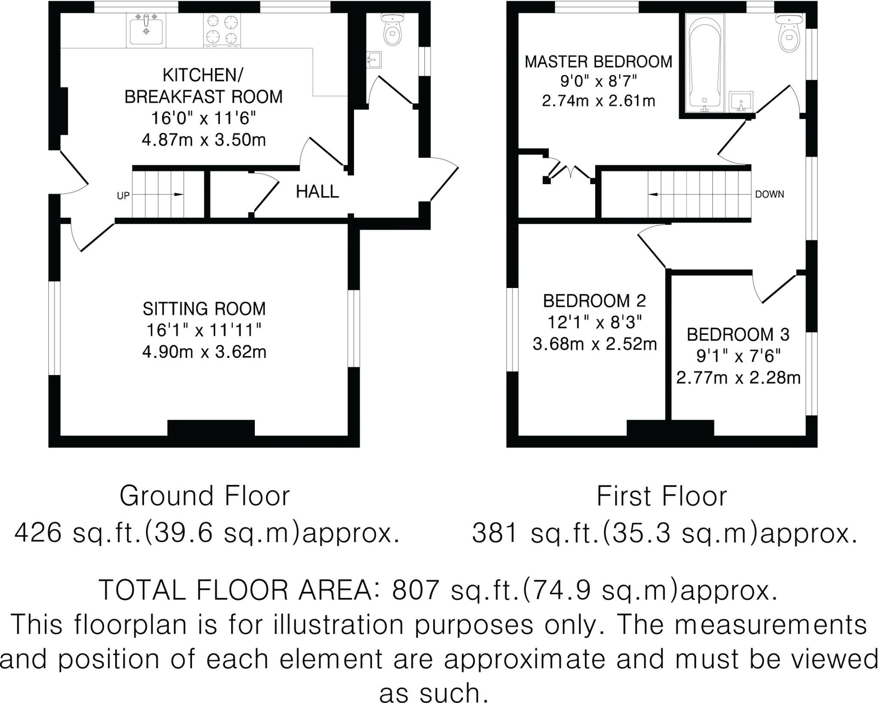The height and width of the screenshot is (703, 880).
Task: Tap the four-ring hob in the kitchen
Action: coord(222,30)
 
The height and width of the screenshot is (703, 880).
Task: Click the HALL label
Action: coord(317,191)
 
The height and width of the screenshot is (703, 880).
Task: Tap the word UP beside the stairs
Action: coord(123,196)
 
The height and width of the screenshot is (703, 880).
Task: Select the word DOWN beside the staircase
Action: coord(769,194)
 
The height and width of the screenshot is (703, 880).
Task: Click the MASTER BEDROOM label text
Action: coord(598,62)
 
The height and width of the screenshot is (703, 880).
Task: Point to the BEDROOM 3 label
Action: coord(738,335)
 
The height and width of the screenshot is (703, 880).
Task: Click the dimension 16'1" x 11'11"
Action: coord(204,330)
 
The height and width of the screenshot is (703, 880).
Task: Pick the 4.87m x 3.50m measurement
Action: coord(204,140)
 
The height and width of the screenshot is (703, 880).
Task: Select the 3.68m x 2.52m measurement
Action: coord(595,344)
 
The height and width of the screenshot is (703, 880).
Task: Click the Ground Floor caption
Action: coord(205,496)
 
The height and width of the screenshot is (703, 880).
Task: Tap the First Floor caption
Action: coord(661,496)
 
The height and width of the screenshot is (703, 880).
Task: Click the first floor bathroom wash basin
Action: coord(742,101)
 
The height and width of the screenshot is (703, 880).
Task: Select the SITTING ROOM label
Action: coord(204,309)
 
